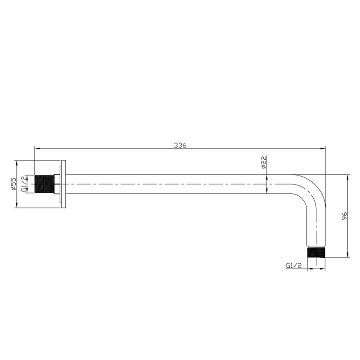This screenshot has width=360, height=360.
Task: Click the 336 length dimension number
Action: [x=180, y=145]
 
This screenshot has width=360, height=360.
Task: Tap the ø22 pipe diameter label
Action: [x=264, y=162]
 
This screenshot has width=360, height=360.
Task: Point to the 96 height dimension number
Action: [x=344, y=216]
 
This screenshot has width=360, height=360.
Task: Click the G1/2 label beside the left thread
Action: [x=24, y=184]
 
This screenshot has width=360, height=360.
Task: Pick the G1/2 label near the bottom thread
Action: [x=293, y=265]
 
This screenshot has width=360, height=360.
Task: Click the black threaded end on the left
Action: [x=44, y=184]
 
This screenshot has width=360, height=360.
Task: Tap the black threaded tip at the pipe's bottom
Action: [x=316, y=252]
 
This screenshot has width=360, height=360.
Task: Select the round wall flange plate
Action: [x=63, y=184]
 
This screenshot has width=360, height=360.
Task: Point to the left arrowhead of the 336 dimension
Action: [x=37, y=148]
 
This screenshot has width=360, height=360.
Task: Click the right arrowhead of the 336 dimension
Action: [x=323, y=148]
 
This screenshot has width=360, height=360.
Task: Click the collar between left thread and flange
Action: [x=57, y=184]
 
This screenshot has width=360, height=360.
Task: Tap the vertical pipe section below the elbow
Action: [x=316, y=225]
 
